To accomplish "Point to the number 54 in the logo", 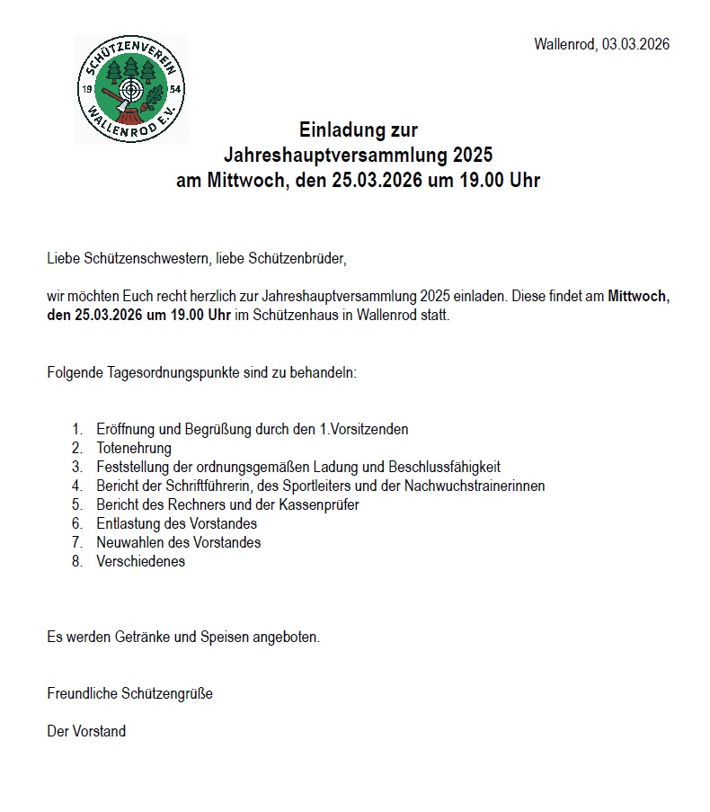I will pos(174,90).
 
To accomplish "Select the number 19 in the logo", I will pos(88,90).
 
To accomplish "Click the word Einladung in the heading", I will pos(333,131).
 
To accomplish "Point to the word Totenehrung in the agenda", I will pos(134,448).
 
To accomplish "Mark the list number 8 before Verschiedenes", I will pos(76,561).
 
